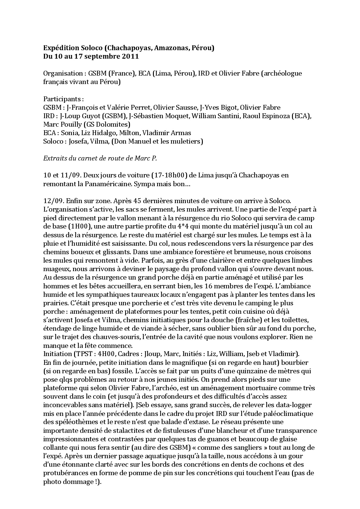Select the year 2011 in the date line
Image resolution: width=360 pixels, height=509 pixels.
(131, 57)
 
